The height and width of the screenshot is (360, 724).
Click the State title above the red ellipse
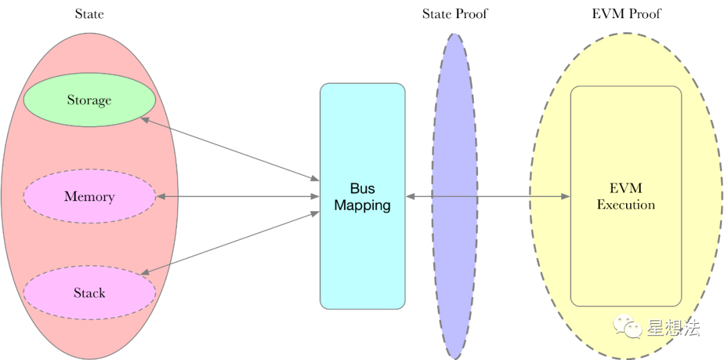89,14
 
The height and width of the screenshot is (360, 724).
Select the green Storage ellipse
89,100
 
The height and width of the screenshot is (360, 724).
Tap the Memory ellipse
89,196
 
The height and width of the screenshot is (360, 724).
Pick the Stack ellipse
89,292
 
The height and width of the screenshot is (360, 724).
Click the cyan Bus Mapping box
363,196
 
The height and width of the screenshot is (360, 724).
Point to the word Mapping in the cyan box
363,205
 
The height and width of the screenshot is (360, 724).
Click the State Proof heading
455,14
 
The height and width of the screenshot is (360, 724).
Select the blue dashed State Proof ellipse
455,196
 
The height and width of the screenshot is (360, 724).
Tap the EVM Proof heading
626,14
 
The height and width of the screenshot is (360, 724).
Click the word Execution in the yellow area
626,204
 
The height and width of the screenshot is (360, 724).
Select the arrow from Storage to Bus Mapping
230,149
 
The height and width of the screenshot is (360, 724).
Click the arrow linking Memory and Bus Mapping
238,196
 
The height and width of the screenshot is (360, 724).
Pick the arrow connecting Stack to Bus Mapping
230,243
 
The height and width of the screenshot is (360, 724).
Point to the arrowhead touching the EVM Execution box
566,196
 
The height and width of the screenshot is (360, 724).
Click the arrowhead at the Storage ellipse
145,119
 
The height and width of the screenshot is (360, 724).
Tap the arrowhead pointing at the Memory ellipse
161,196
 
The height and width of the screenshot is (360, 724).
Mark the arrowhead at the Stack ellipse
145,274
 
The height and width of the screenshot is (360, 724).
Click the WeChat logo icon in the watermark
627,327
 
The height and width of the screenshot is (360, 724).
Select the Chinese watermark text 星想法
674,327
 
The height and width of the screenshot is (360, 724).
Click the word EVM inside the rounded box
626,188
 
